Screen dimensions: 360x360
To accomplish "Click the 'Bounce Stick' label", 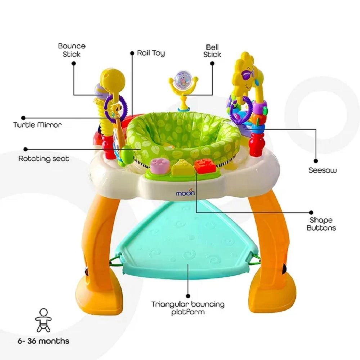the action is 72,50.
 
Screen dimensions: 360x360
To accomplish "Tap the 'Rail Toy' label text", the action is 151,53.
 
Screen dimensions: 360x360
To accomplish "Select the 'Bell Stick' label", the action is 212,51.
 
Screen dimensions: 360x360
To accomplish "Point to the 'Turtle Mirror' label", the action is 37,125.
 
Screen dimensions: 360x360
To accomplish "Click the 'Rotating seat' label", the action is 44,159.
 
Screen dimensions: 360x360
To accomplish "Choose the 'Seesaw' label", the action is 323,170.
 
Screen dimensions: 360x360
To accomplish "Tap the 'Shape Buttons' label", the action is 321,224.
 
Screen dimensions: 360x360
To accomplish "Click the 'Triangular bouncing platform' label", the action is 188,308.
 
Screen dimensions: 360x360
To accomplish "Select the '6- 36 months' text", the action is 44,341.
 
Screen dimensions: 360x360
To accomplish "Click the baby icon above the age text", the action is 44,320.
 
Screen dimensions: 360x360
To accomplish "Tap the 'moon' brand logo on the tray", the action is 185,193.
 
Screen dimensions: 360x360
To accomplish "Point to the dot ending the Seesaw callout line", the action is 316,161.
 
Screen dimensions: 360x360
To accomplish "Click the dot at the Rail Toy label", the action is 132,53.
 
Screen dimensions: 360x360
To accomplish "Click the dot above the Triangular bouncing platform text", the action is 188,296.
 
